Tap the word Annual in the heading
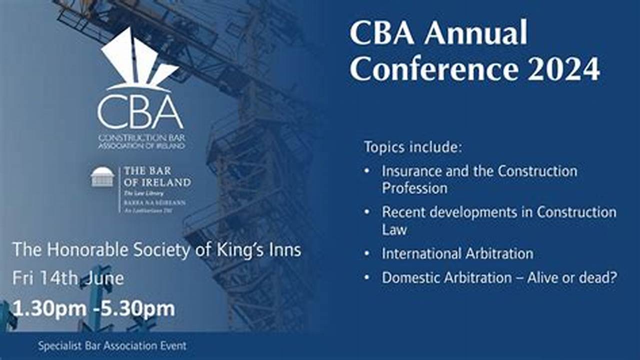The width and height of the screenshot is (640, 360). point(470,33)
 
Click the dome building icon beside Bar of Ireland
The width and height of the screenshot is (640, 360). point(102,177)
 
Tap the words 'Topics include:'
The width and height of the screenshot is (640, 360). point(413,147)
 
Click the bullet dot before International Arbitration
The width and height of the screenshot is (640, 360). point(367,253)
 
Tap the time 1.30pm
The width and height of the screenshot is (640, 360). point(49,309)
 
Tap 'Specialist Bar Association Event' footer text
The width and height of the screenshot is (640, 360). point(112,345)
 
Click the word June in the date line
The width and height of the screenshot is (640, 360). point(104,278)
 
